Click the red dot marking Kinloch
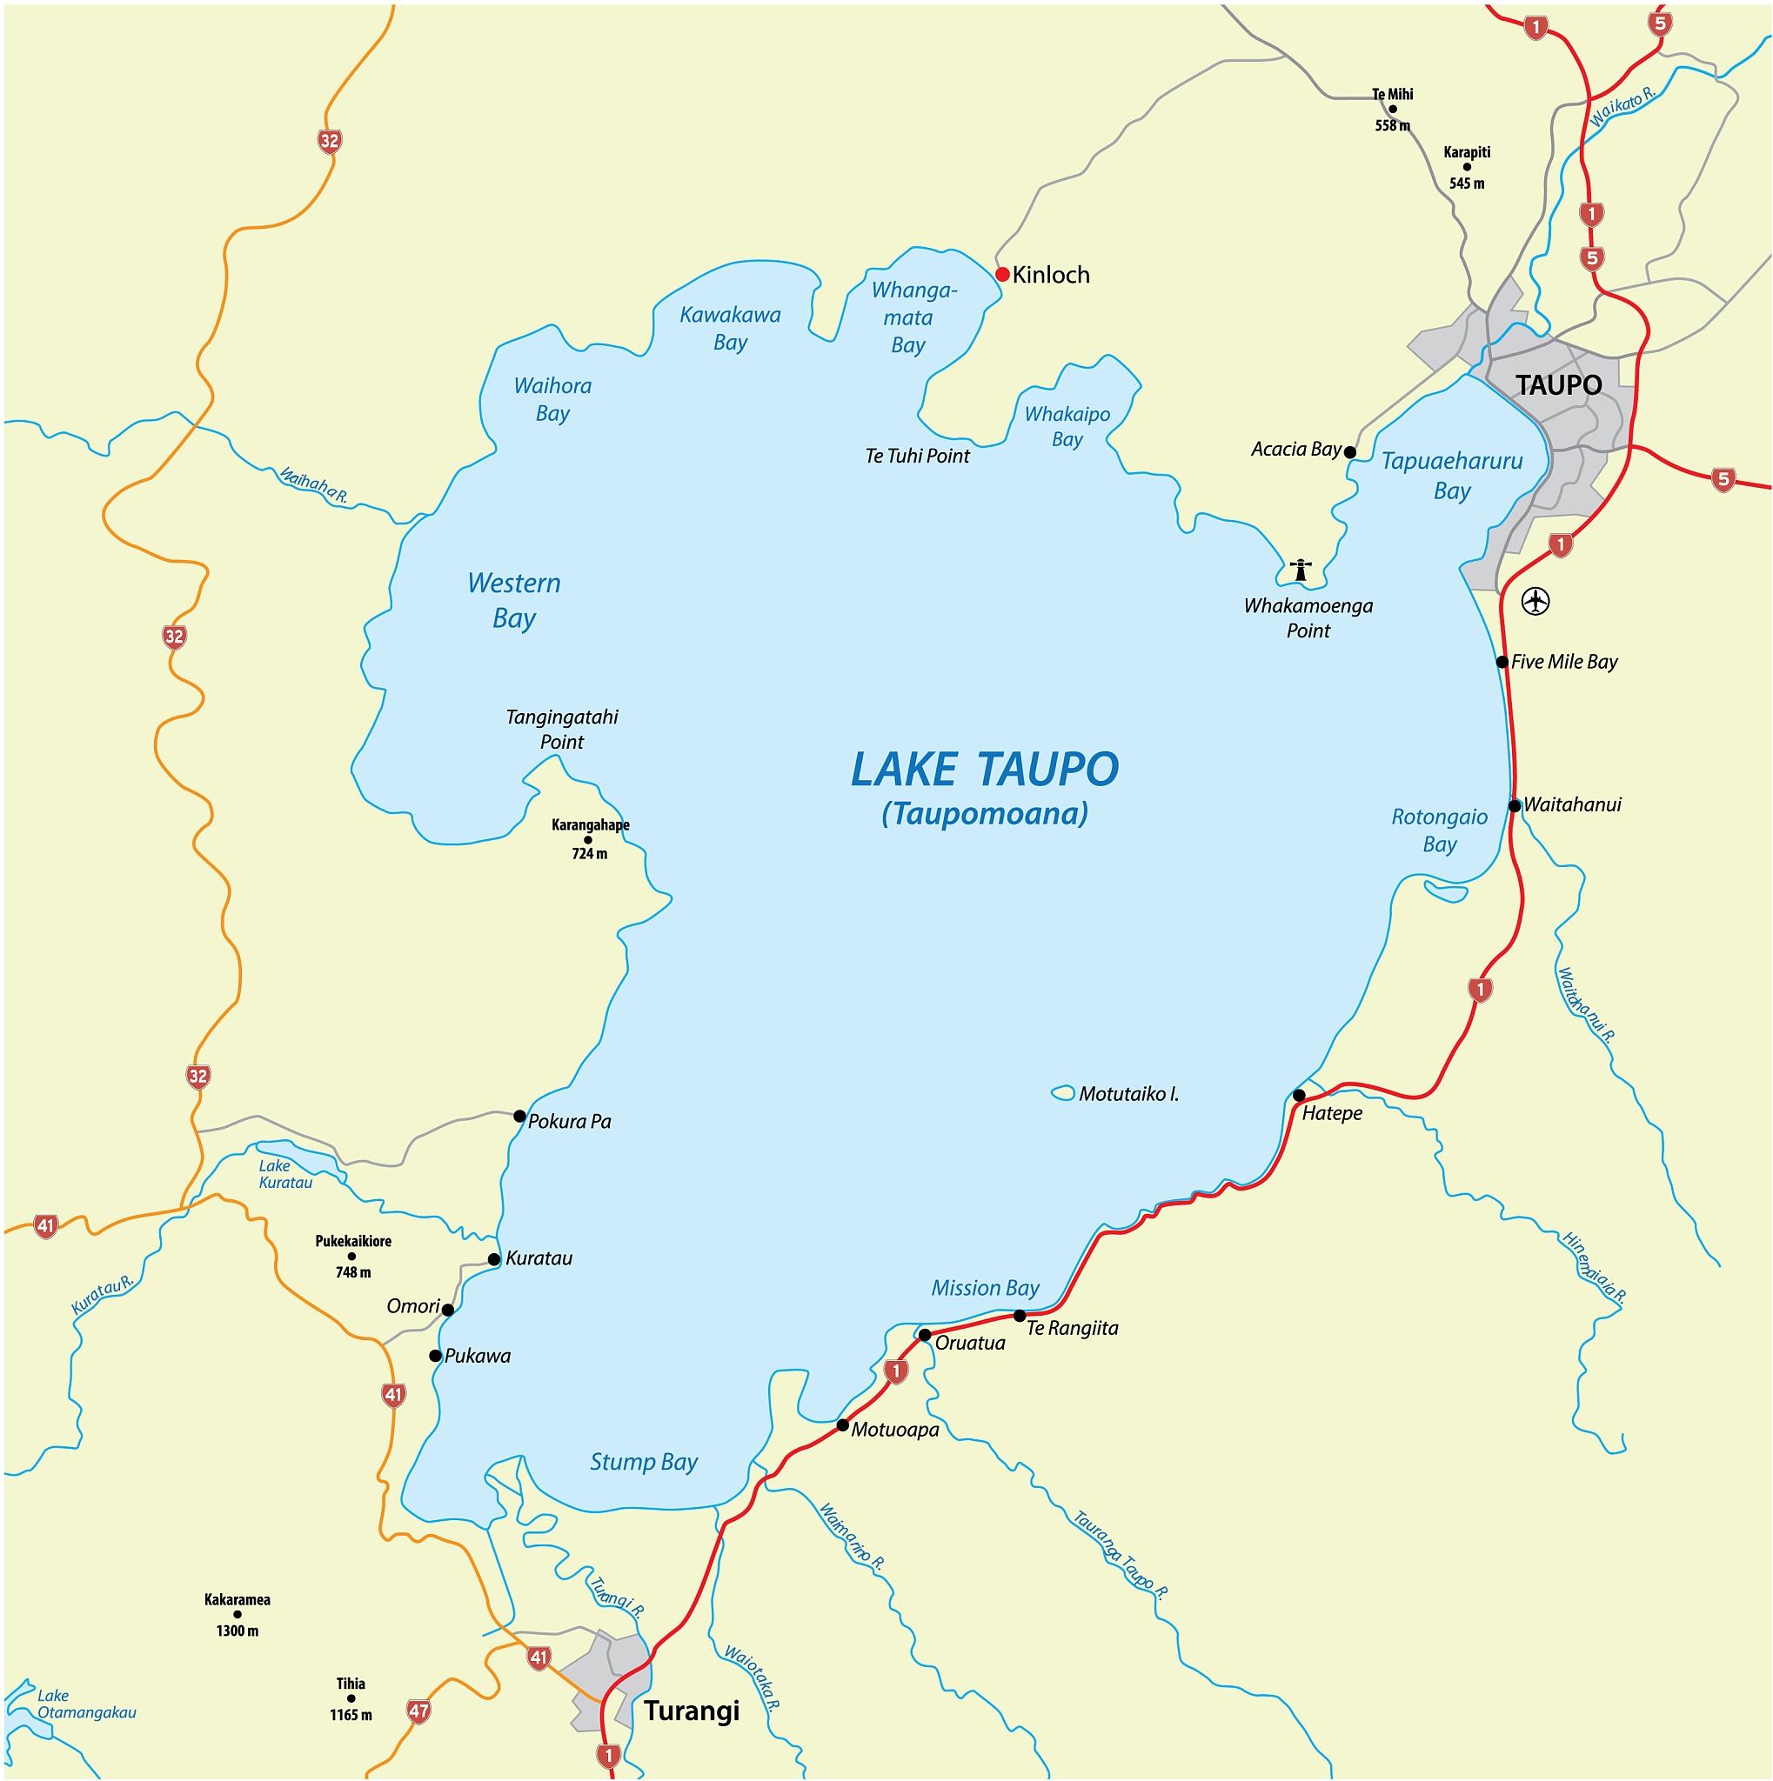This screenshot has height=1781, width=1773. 1002,274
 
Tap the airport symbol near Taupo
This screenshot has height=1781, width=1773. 1535,601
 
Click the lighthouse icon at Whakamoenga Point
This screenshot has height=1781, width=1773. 1301,570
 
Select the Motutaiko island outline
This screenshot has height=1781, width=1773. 1063,1092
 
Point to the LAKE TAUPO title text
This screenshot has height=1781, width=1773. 984,770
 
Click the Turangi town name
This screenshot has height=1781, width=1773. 692,1711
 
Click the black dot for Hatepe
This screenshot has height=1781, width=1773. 1299,1095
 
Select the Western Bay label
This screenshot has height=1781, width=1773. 513,600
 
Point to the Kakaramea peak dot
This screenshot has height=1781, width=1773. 237,1614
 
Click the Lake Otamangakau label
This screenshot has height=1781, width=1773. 86,1704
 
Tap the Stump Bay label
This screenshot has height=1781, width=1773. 644,1462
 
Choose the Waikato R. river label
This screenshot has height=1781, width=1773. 1622,107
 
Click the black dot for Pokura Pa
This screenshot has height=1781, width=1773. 520,1116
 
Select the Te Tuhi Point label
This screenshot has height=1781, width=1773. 918,456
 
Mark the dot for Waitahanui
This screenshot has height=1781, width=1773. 1514,805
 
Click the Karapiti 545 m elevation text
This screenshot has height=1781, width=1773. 1467,183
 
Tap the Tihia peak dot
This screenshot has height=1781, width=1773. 351,1698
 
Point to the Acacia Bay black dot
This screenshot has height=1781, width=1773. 1350,451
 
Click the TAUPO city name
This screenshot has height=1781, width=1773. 1559,384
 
